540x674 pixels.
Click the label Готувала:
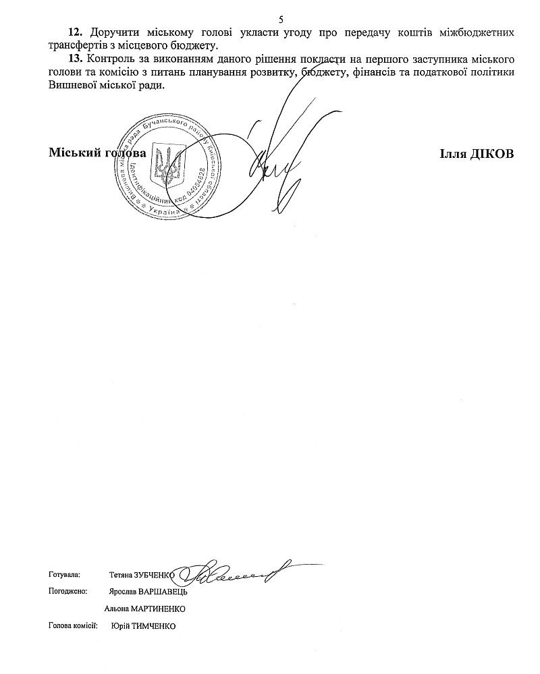[64, 575]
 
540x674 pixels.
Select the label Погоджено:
[67, 592]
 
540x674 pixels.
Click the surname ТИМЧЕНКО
[155, 626]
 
